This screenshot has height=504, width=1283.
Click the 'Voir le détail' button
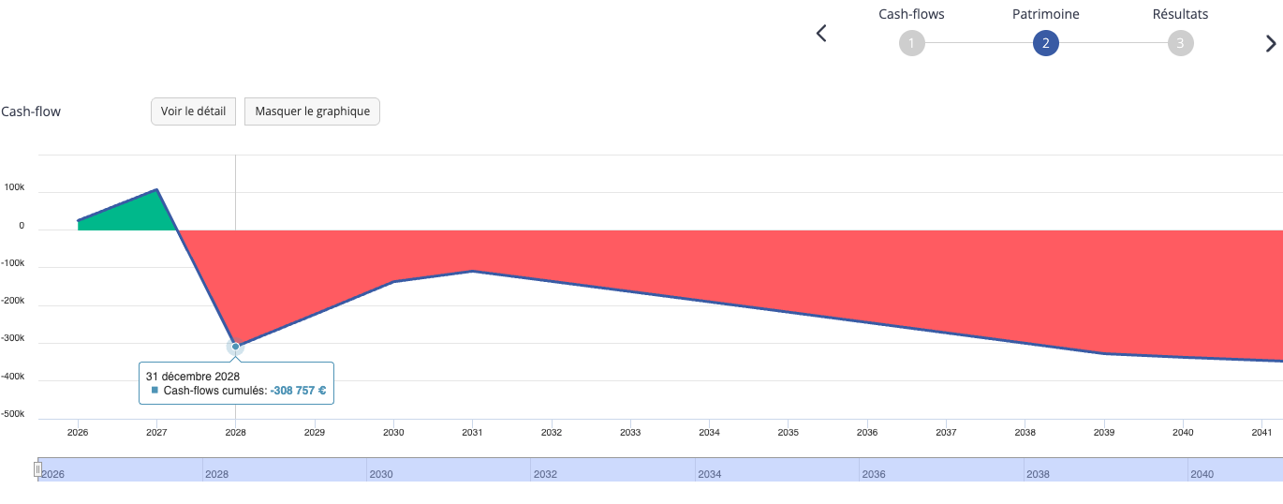click(x=193, y=111)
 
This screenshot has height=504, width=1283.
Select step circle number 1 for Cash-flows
click(x=912, y=43)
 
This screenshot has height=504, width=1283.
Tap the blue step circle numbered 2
click(x=1046, y=43)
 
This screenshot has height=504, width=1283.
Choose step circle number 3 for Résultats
click(x=1181, y=43)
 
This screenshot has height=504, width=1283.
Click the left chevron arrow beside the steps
click(x=821, y=33)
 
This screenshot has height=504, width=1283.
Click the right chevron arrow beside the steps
click(x=1271, y=43)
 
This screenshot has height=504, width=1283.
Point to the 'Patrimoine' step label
click(x=1046, y=14)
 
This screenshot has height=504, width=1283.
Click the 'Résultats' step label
click(x=1181, y=14)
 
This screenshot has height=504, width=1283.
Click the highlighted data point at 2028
click(x=235, y=347)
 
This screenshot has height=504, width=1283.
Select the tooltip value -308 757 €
click(x=298, y=391)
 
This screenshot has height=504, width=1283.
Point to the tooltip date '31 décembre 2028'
click(x=193, y=377)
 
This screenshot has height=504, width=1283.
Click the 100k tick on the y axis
click(x=14, y=187)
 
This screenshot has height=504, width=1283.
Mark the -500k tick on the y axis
click(x=12, y=413)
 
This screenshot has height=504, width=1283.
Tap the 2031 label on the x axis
click(x=472, y=433)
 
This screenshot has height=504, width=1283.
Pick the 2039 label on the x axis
click(x=1104, y=433)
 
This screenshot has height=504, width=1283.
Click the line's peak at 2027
click(x=156, y=189)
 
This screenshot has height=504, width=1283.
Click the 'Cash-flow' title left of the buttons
click(x=31, y=111)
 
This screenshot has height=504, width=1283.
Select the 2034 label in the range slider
click(x=710, y=474)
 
